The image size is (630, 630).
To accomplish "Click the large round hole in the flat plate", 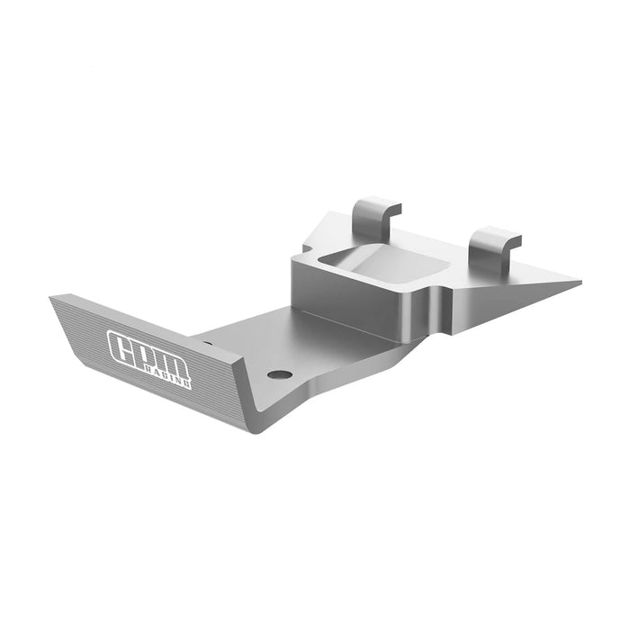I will [280, 373].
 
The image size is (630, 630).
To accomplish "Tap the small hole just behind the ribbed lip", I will [208, 342].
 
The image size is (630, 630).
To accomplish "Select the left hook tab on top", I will [373, 214].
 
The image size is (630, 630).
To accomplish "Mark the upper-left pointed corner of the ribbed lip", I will [51, 297].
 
